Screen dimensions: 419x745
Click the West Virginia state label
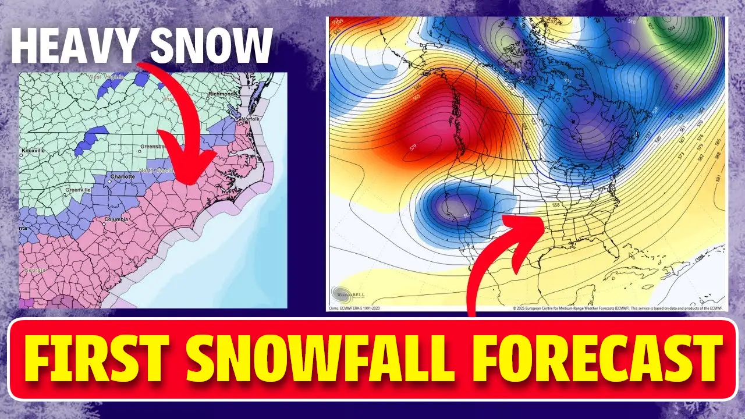point(105,77)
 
